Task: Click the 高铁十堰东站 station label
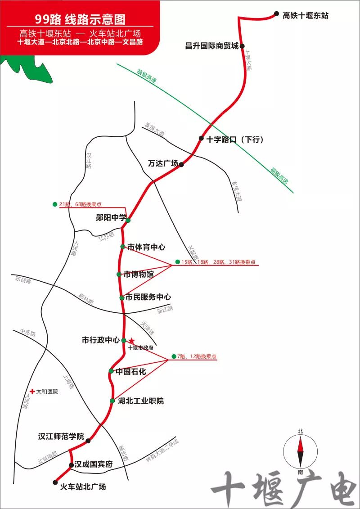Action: tap(306, 16)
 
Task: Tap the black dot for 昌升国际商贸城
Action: tap(242, 46)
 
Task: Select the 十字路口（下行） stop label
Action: tap(235, 140)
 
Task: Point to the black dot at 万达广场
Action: tap(181, 165)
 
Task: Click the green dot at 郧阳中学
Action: tap(128, 220)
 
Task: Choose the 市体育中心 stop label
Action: tap(146, 247)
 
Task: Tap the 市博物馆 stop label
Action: tap(139, 274)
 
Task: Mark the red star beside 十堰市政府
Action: tap(131, 341)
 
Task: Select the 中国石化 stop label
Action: tap(130, 372)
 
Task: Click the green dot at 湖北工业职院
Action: tap(112, 401)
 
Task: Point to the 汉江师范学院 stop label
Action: tap(61, 436)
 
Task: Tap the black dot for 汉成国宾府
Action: tap(71, 465)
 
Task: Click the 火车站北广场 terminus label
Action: tap(83, 486)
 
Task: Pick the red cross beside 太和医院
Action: tap(32, 392)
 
